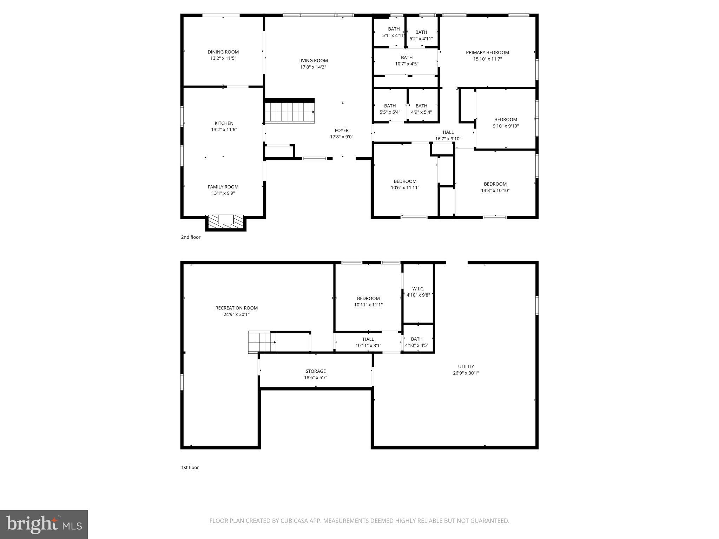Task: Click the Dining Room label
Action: [223, 52]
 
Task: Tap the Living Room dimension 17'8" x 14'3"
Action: [313, 67]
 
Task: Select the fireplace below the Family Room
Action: [226, 221]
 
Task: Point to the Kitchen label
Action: [224, 123]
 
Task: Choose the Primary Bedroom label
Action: [487, 53]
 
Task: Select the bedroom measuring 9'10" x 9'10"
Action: [506, 123]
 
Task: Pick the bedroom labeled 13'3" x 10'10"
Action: [495, 187]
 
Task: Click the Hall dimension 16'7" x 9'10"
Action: [448, 139]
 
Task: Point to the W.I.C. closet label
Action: [418, 289]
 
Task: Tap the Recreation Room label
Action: [236, 308]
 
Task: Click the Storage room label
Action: [316, 371]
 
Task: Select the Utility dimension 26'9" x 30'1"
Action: [466, 373]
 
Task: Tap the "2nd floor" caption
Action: [191, 237]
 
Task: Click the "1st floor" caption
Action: [190, 467]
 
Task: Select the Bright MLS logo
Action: [44, 524]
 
